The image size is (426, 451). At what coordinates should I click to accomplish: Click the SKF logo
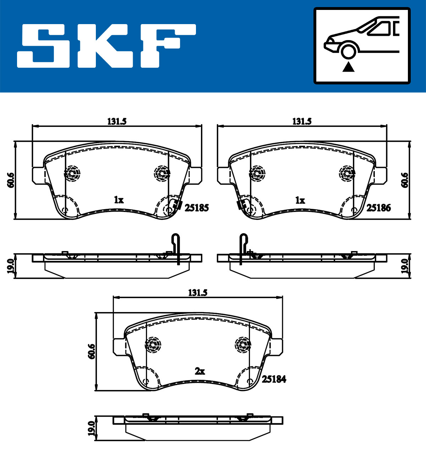[x=106, y=46]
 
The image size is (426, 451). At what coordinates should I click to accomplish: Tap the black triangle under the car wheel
[x=349, y=67]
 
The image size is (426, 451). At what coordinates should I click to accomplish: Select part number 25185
[x=197, y=208]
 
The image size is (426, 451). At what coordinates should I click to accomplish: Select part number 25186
[x=378, y=208]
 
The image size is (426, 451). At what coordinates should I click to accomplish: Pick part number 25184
[x=274, y=379]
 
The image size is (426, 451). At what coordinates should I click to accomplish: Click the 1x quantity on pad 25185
[x=119, y=200]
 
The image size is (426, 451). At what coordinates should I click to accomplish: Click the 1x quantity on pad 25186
[x=300, y=200]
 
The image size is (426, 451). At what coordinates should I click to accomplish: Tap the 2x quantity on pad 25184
[x=200, y=371]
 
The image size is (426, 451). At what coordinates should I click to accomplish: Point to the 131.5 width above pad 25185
[x=117, y=122]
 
